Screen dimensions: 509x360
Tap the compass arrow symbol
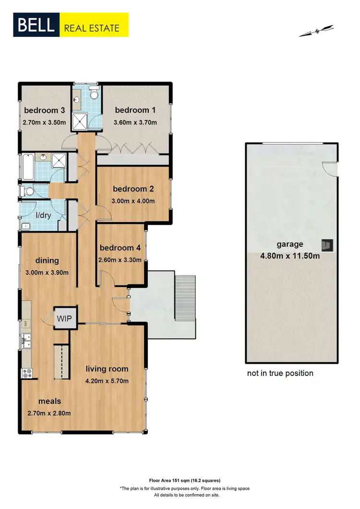(316, 31)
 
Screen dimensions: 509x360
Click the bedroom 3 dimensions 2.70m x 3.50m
(46, 122)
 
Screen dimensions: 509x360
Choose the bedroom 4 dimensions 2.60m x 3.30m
(120, 260)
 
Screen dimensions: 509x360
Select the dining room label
(47, 260)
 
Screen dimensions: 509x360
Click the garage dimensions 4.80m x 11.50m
(290, 256)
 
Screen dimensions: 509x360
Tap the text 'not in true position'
(280, 373)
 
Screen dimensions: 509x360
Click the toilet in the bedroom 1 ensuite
(94, 94)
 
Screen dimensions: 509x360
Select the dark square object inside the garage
(327, 245)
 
